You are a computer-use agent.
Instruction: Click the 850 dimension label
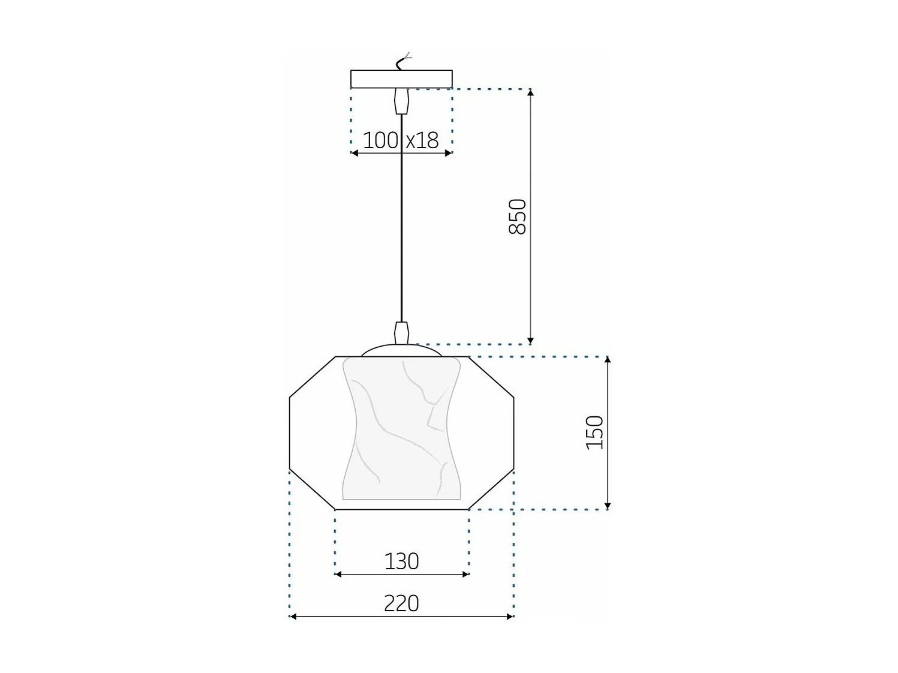tap(517, 217)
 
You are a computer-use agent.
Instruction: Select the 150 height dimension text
tap(594, 432)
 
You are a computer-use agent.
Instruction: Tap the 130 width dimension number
tap(401, 561)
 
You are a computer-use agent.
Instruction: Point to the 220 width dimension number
tap(401, 603)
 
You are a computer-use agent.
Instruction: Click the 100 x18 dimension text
tap(401, 140)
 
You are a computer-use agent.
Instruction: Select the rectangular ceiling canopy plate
tap(401, 79)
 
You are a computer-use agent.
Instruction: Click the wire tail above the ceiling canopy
tap(403, 61)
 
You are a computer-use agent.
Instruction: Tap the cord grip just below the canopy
tap(401, 101)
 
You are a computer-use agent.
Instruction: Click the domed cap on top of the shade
tap(401, 350)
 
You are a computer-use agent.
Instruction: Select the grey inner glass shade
tap(401, 429)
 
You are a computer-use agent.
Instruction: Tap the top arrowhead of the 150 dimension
tap(608, 360)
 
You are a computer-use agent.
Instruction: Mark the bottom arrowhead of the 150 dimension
tap(608, 505)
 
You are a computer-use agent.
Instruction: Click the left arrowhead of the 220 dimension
tap(293, 616)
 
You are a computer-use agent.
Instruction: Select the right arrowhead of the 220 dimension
tap(510, 616)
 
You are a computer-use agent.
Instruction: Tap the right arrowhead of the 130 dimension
tap(465, 574)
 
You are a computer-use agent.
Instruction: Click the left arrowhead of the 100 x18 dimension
tap(355, 153)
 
